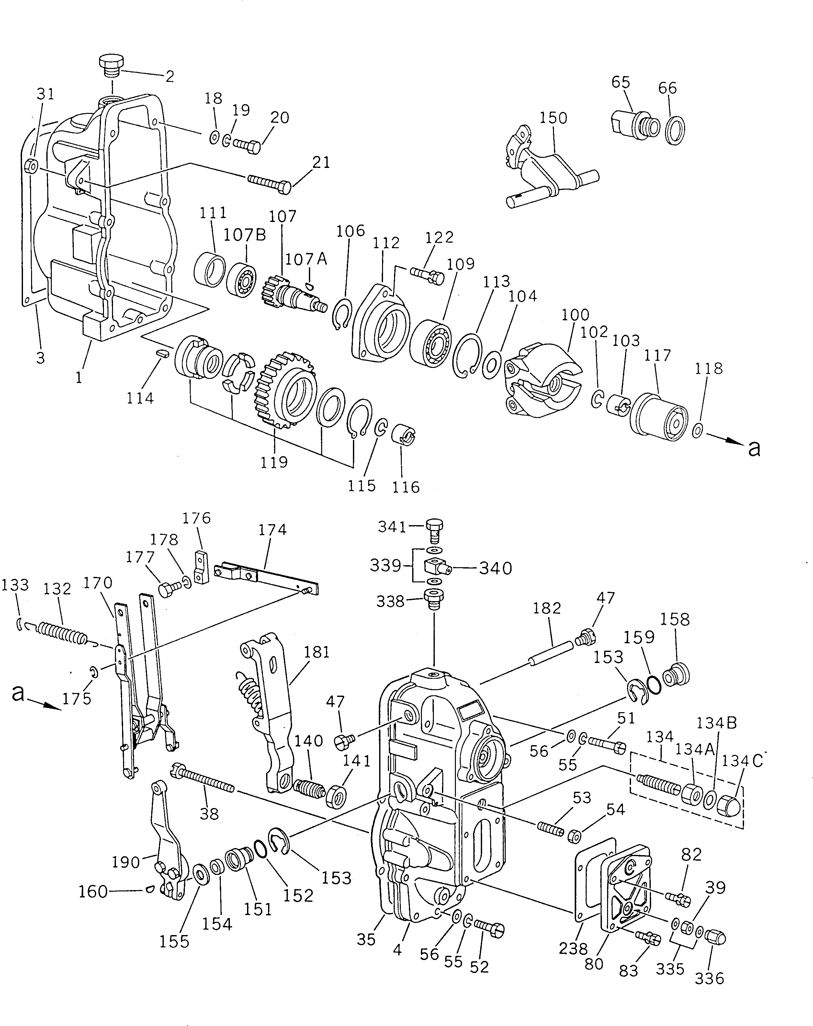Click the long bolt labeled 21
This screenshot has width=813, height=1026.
tap(269, 183)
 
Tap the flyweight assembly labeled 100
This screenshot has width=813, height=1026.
tap(543, 379)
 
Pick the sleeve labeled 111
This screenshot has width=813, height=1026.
tap(210, 270)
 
